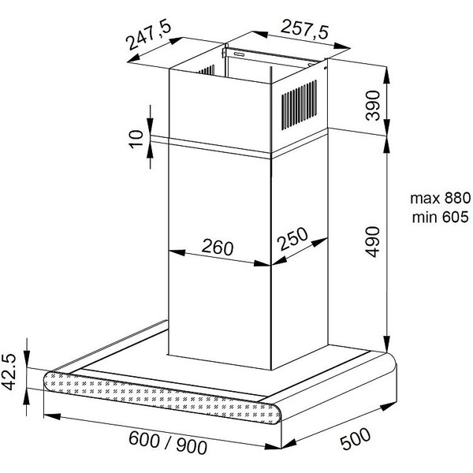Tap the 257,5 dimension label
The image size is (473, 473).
click(304, 30)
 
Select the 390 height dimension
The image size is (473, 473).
click(373, 106)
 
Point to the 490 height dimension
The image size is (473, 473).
click(373, 242)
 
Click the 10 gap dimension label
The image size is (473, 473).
click(136, 139)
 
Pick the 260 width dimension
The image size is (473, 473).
click(218, 247)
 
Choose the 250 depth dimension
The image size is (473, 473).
click(293, 239)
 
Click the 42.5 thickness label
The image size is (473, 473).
click(9, 371)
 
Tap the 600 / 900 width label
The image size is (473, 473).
click(168, 442)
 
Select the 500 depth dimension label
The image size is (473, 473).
click(356, 438)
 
